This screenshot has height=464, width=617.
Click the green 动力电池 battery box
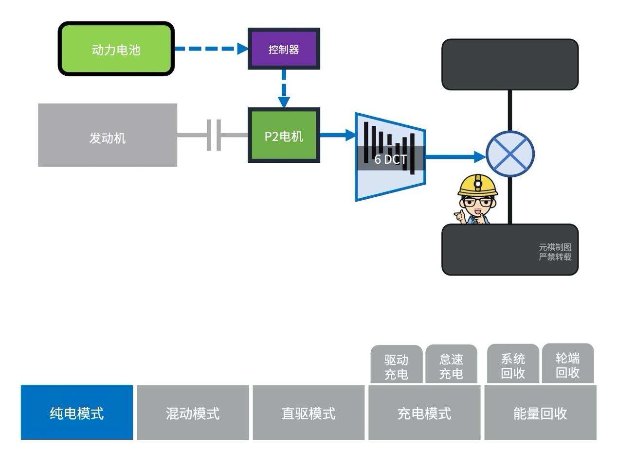(116, 49)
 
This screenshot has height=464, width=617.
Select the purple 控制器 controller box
(284, 49)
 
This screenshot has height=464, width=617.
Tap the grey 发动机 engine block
(108, 135)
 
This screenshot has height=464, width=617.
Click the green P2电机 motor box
(284, 136)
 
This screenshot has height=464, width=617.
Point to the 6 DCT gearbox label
(390, 159)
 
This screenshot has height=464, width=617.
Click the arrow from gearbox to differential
(455, 156)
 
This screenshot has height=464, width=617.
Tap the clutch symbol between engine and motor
(214, 135)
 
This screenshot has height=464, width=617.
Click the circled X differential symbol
(510, 154)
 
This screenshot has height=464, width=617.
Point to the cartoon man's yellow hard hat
(478, 185)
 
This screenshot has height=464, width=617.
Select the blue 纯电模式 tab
(77, 413)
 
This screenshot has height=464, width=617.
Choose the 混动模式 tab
(193, 413)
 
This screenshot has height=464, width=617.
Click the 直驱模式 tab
(308, 413)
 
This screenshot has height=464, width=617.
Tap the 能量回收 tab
(540, 413)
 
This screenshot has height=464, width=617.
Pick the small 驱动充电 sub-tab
(396, 366)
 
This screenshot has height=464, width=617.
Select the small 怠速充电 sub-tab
(451, 366)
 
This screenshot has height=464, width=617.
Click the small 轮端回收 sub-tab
(567, 365)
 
